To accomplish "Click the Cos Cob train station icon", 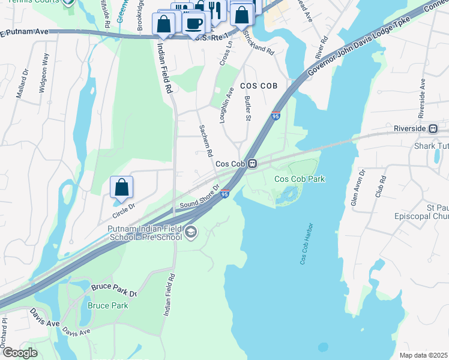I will (253, 163).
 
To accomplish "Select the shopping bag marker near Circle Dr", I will (121, 187).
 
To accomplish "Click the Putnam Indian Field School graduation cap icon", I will (191, 232).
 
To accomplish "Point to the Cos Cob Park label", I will (300, 179).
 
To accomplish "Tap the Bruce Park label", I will (107, 305).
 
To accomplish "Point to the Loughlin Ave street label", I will (227, 106).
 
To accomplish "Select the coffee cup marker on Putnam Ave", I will (193, 24).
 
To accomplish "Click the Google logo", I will (20, 352).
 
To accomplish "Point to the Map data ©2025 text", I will (424, 355).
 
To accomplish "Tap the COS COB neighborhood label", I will (259, 86).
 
